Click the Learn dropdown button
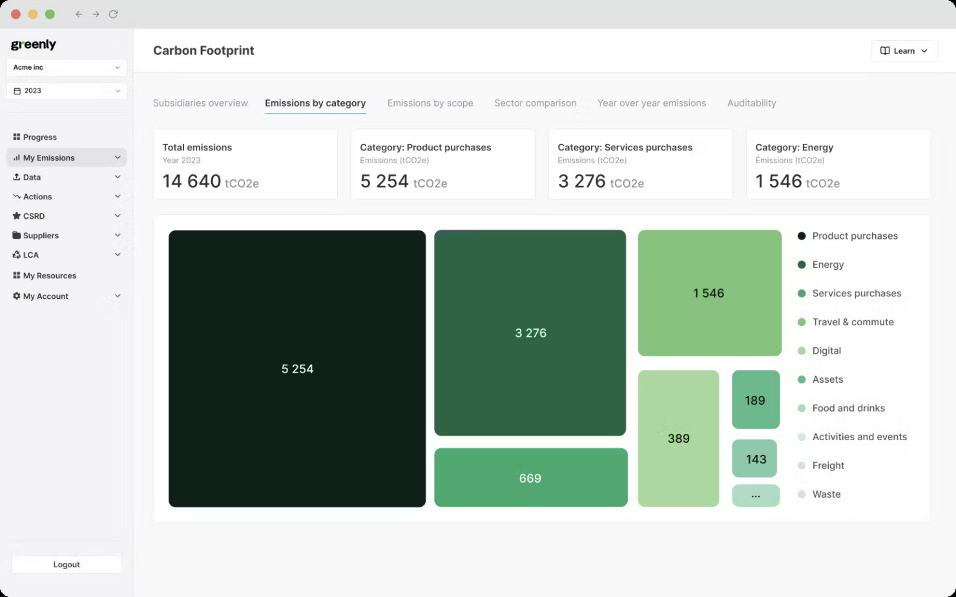904,51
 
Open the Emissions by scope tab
430,103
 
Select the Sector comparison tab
535,103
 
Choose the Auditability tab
751,103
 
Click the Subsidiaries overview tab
200,103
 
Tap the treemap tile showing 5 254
297,369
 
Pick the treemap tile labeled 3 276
530,333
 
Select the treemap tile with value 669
530,478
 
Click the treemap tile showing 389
678,438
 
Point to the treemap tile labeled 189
755,400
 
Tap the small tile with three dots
756,496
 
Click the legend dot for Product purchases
802,236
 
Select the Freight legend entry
828,465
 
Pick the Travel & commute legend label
853,322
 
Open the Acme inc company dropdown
67,67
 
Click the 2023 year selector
67,91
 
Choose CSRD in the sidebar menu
34,216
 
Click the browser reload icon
113,14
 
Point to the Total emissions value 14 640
192,181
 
